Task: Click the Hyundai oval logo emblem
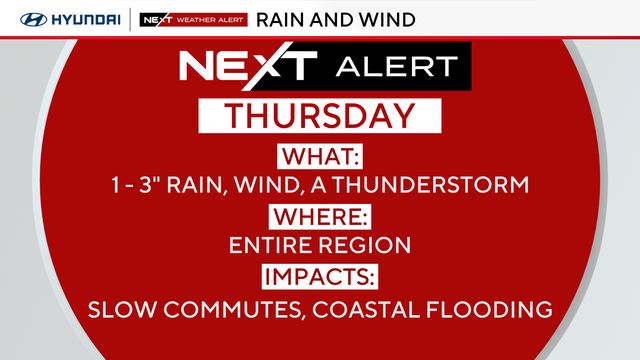[33, 20]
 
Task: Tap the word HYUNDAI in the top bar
[86, 20]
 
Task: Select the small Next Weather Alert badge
[193, 20]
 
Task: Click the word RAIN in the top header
[281, 20]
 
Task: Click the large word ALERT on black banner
[397, 67]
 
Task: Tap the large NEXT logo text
[248, 65]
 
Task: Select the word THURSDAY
[320, 116]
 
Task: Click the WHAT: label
[320, 156]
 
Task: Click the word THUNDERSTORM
[430, 184]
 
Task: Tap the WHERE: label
[320, 217]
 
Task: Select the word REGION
[364, 245]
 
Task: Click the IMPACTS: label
[320, 277]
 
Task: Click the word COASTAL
[366, 309]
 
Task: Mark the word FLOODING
[489, 309]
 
